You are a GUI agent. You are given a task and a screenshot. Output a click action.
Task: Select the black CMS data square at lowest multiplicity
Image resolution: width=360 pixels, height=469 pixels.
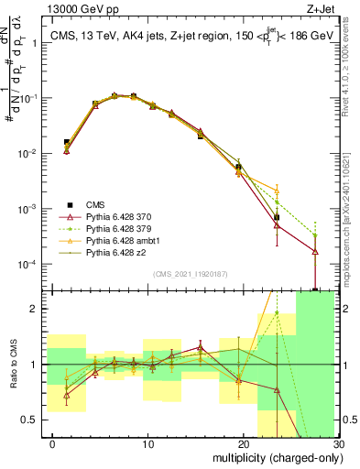tap(66, 143)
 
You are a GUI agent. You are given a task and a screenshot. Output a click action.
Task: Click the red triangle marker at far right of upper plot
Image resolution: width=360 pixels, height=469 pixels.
tap(315, 251)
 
